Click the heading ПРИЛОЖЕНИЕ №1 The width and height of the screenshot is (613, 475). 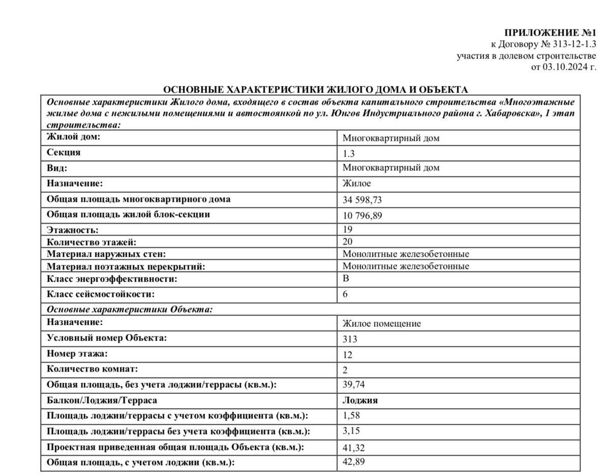[x=551, y=32]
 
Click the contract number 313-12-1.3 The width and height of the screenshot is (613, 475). [x=573, y=44]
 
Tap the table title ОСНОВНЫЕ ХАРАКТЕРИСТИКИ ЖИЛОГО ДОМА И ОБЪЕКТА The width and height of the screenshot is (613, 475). [x=316, y=90]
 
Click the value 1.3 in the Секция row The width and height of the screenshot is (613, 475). [x=349, y=153]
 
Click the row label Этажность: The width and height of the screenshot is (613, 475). [x=72, y=230]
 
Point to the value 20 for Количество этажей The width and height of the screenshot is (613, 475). [x=348, y=242]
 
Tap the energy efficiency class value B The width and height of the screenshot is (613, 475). [x=346, y=279]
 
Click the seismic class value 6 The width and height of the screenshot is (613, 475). [x=346, y=294]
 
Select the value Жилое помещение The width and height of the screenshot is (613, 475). [x=381, y=323]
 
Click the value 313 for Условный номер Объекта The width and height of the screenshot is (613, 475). [x=350, y=339]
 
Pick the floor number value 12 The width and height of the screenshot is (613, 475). [x=348, y=355]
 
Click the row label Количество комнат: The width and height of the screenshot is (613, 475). [x=92, y=369]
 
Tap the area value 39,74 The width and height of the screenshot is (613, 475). [x=354, y=385]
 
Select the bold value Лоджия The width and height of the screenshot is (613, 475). [x=360, y=400]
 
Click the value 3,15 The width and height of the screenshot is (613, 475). [x=351, y=431]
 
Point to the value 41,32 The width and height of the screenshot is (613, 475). [x=354, y=448]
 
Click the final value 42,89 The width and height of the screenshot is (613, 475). [x=354, y=462]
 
